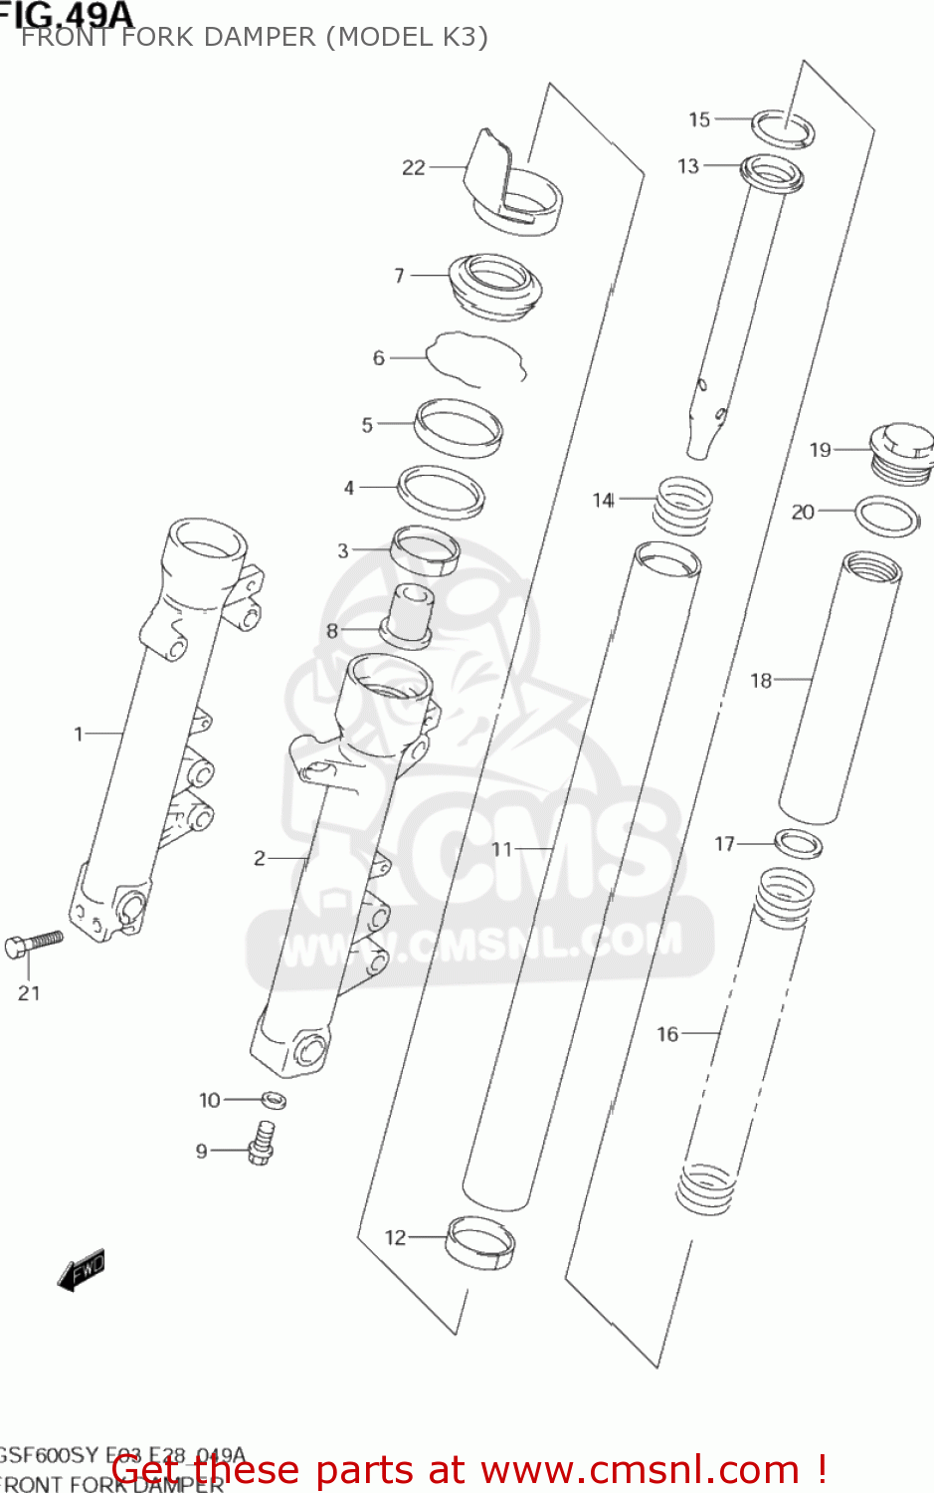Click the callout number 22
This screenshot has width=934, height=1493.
413,168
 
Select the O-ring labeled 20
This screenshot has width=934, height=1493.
887,517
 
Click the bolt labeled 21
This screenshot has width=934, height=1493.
34,943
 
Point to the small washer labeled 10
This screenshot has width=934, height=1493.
275,1100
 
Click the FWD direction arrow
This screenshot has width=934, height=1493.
82,1271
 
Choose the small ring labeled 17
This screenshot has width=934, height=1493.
798,844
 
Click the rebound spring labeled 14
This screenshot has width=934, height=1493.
682,505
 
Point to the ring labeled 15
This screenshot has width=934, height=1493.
783,129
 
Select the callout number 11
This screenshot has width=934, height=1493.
502,849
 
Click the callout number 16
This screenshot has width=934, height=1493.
667,1034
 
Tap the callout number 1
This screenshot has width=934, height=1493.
79,735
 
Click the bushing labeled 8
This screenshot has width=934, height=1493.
407,616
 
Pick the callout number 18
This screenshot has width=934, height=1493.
761,681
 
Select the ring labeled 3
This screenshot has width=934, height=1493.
426,550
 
